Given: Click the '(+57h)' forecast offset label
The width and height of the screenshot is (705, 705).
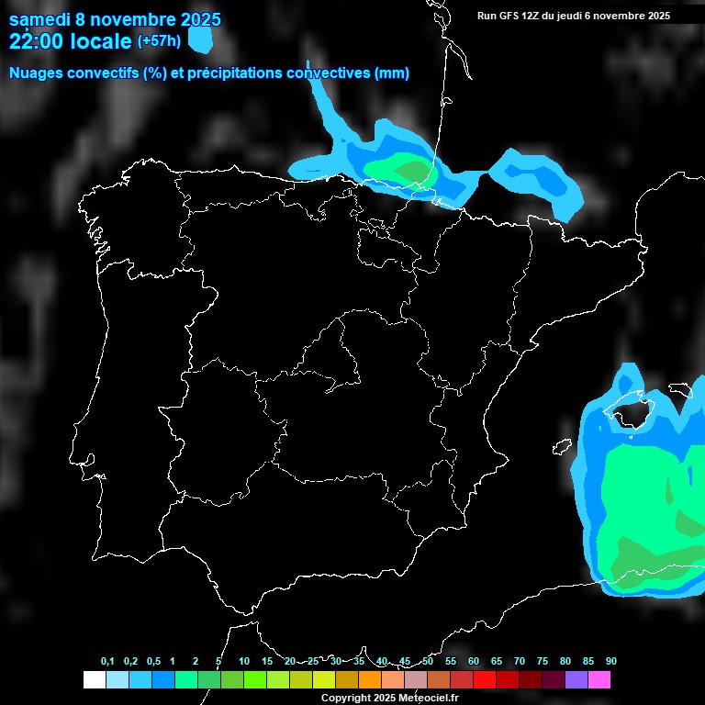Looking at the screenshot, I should (x=159, y=40).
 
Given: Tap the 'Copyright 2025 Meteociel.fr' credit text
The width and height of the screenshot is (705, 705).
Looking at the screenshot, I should (x=389, y=698).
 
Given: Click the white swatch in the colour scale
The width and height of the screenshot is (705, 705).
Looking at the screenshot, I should (x=94, y=680).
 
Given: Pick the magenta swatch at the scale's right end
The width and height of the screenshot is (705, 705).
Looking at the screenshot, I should (x=599, y=680).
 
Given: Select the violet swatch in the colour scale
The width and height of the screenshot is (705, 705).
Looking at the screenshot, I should (x=576, y=680).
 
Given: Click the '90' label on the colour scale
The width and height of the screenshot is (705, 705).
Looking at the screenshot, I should (x=610, y=662).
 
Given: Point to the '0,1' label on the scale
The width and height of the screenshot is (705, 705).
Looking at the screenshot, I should (x=107, y=662).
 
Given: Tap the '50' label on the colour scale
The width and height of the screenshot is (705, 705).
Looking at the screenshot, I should (x=428, y=662).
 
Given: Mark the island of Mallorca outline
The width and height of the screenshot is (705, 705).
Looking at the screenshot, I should (x=628, y=408).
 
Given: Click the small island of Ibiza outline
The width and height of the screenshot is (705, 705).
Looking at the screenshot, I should (x=562, y=447).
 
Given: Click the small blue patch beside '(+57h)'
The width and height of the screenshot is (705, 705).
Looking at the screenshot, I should (x=199, y=39).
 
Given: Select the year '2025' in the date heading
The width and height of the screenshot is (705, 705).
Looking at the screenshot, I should (x=200, y=19).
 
